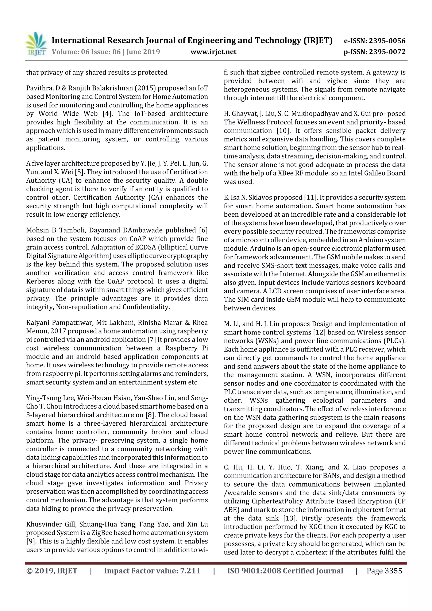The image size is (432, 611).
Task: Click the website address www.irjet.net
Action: [213, 52]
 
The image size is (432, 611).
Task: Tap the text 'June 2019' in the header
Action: [143, 52]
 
